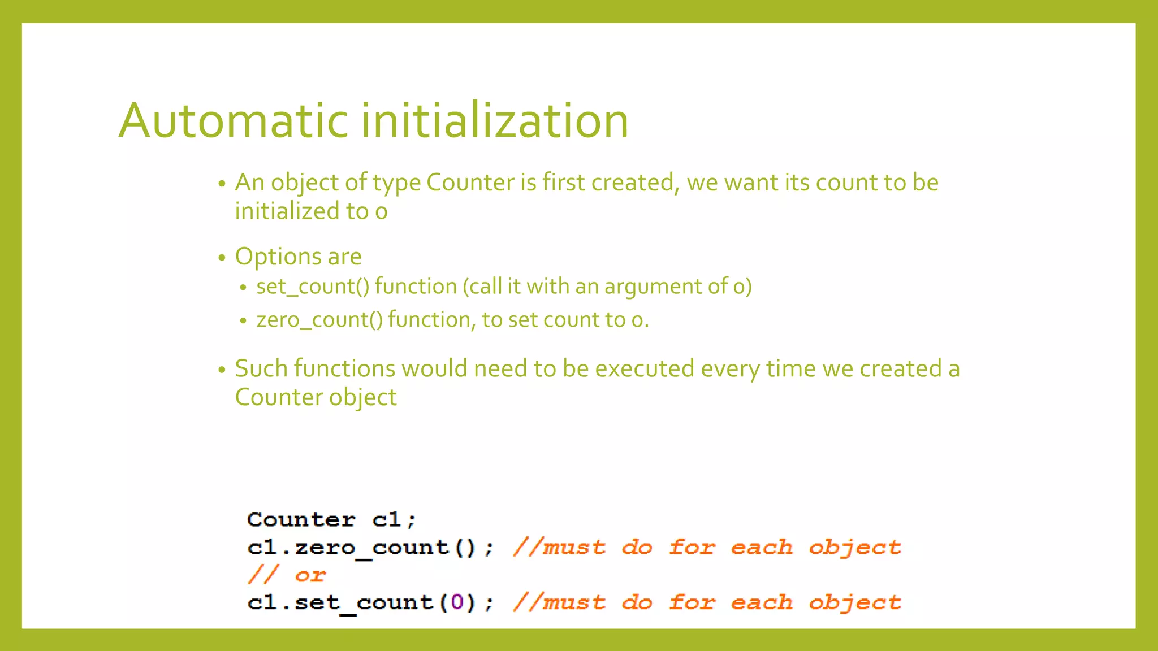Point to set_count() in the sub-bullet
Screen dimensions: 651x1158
pyautogui.click(x=313, y=287)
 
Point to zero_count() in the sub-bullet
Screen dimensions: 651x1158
pyautogui.click(x=319, y=320)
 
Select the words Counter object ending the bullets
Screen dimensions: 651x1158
pyautogui.click(x=316, y=397)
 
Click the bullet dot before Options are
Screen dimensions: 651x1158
pyautogui.click(x=222, y=258)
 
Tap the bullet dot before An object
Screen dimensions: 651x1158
pyautogui.click(x=222, y=184)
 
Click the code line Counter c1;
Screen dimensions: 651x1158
pyautogui.click(x=331, y=519)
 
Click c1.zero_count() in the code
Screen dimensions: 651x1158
pyautogui.click(x=362, y=547)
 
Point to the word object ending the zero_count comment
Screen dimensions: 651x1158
pyautogui.click(x=855, y=547)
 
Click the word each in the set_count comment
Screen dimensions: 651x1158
pyautogui.click(x=762, y=602)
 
